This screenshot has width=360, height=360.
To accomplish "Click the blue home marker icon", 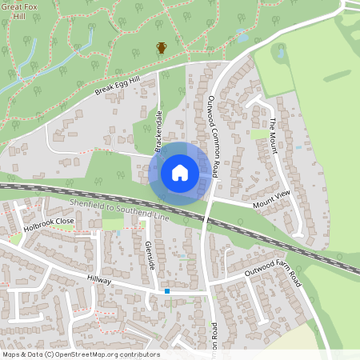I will click(180, 173).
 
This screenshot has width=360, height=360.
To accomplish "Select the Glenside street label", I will click(150, 254).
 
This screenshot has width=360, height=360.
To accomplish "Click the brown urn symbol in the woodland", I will click(162, 48).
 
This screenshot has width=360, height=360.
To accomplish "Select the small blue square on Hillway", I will click(166, 291).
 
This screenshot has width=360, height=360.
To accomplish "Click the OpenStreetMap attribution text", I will click(80, 354).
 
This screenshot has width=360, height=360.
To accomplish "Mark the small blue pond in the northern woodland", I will click(242, 34).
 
